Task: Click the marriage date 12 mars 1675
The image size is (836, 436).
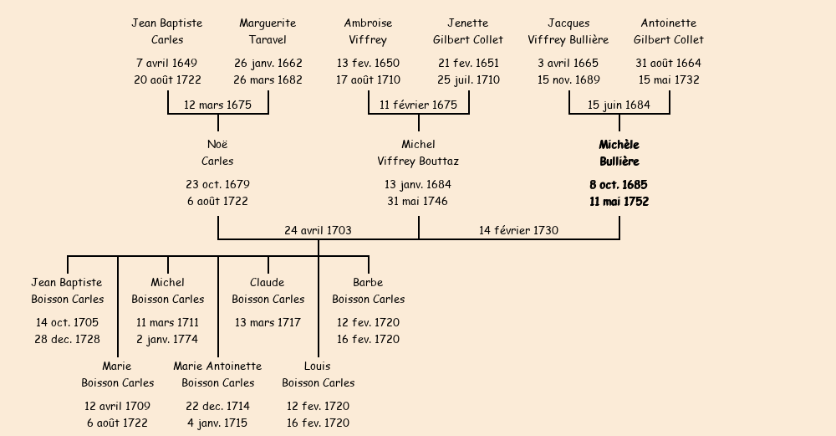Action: pos(217,105)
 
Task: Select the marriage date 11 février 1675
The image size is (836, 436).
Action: pos(418,105)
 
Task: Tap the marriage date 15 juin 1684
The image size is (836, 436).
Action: pos(619,105)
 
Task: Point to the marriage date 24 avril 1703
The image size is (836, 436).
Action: pos(318,230)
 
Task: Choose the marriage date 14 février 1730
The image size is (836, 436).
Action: pos(518,230)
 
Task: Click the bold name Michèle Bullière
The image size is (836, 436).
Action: pos(619,153)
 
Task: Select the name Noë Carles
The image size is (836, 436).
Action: pos(217,153)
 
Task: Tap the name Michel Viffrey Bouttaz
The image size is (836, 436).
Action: pos(418,153)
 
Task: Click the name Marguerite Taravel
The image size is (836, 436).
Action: pos(268,31)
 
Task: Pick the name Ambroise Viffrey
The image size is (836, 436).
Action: pos(368,31)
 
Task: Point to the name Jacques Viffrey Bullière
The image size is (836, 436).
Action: pos(568,31)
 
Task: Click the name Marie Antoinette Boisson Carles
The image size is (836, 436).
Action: pos(217,374)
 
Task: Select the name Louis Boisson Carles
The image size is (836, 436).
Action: pos(318,374)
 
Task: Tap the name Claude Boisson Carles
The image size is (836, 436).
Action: pos(268,290)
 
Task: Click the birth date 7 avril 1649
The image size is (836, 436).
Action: pos(166,63)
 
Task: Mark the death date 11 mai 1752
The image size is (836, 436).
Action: pos(619,202)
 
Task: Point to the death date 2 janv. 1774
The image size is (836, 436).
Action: pos(167,339)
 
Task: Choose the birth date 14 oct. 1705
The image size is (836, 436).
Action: pos(67,322)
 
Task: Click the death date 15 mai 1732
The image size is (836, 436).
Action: pos(669,80)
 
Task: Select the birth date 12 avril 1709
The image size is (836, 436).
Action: pos(117,406)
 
